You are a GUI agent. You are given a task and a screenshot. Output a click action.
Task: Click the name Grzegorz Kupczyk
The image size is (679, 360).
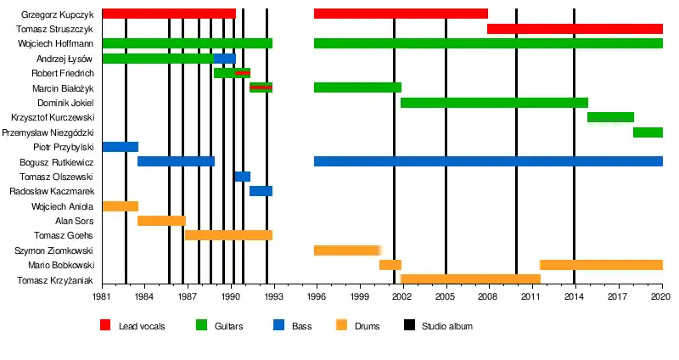(x=58, y=14)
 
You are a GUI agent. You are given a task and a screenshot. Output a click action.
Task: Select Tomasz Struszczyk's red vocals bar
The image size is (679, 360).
(x=575, y=29)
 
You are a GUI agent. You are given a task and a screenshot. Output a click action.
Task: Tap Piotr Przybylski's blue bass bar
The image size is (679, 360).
(x=120, y=147)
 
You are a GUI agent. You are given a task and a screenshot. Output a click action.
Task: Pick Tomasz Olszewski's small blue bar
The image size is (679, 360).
(x=242, y=177)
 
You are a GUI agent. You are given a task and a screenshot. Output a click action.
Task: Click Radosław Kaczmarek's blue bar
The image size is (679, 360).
(x=261, y=191)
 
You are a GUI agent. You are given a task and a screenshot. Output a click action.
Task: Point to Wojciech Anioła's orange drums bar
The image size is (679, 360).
(x=120, y=206)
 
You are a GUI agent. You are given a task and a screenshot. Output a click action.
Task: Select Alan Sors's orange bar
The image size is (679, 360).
(x=161, y=221)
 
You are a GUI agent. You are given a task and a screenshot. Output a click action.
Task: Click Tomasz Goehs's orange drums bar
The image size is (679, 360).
(x=228, y=235)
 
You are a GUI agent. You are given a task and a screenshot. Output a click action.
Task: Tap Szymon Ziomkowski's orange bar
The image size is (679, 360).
(x=346, y=250)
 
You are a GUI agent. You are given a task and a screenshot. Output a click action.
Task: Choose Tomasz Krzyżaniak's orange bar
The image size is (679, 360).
(x=470, y=279)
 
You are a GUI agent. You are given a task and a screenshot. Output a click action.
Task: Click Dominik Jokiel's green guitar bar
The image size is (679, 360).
(x=494, y=103)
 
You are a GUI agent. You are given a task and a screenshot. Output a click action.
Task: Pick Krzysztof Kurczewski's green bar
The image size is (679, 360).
(x=610, y=117)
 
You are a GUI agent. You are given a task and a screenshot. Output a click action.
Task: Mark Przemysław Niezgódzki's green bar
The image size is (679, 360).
(x=648, y=132)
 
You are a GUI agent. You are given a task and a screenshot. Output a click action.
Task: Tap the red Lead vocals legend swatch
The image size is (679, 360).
(x=105, y=325)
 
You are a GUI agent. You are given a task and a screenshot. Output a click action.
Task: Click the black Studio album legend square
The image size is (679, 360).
(x=408, y=325)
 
